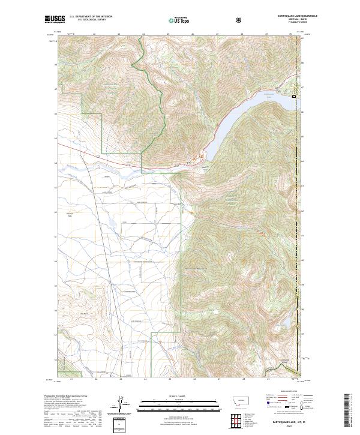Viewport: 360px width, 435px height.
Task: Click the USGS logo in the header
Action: point(55,20)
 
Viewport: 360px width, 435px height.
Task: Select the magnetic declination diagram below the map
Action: point(123,405)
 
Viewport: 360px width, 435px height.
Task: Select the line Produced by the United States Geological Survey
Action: point(69,396)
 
